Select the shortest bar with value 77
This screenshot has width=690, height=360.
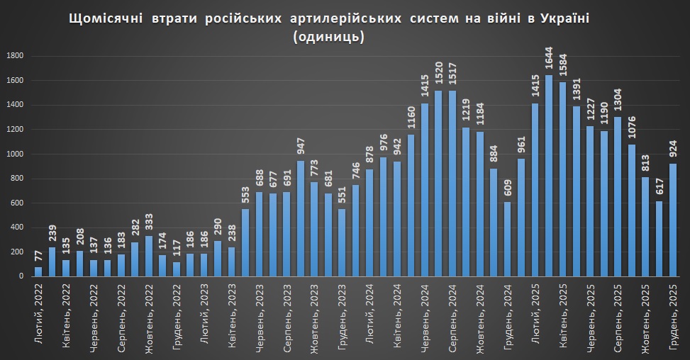(x=38, y=272)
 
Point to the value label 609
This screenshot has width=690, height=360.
(x=508, y=191)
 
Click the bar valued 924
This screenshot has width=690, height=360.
(x=672, y=220)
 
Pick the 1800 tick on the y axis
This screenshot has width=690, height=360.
(x=16, y=56)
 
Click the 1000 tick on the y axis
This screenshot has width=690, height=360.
(x=16, y=154)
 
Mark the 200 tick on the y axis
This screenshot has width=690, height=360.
(x=18, y=253)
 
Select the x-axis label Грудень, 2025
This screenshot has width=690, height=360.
(x=672, y=317)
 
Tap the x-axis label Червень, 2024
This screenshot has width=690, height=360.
(x=425, y=317)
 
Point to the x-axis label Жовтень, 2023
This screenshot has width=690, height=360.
(x=315, y=317)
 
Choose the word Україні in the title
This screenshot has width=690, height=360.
(x=564, y=18)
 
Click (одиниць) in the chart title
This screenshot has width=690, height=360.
(x=328, y=37)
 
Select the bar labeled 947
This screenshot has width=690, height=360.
(x=301, y=219)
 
